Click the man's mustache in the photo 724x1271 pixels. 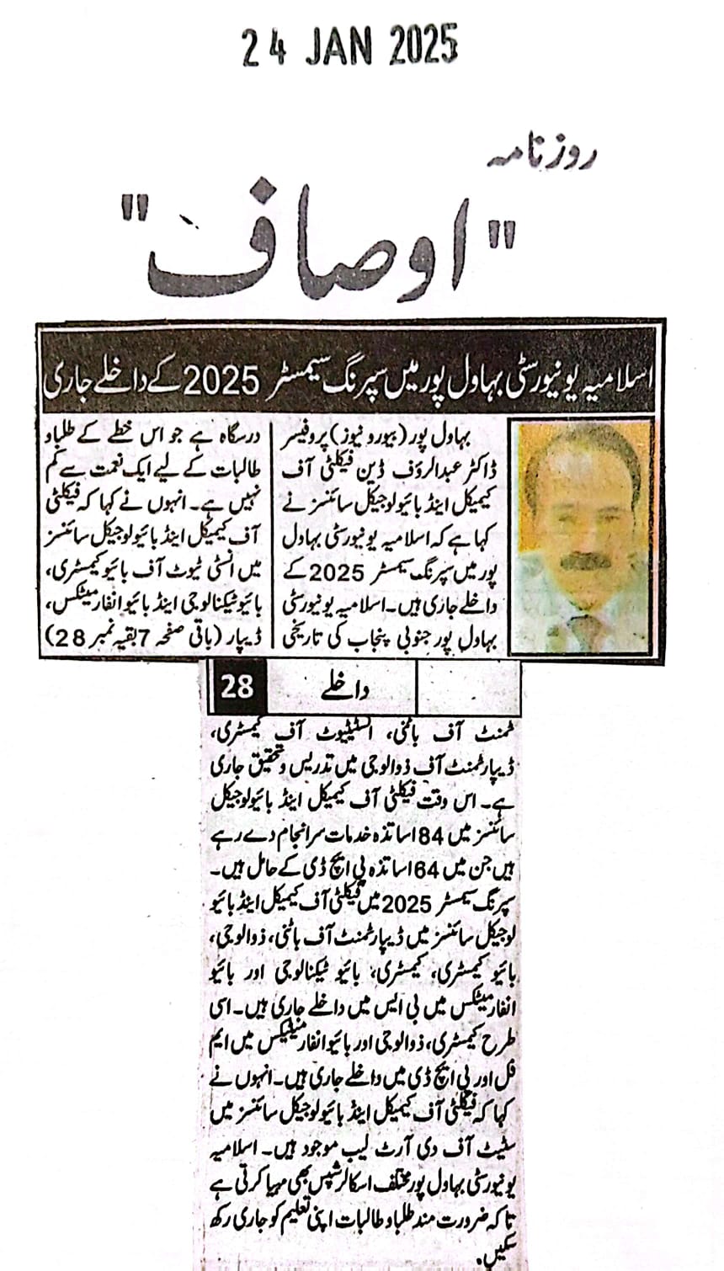[x=585, y=561]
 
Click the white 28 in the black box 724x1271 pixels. [x=237, y=688]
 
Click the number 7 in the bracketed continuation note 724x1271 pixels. [x=143, y=639]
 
